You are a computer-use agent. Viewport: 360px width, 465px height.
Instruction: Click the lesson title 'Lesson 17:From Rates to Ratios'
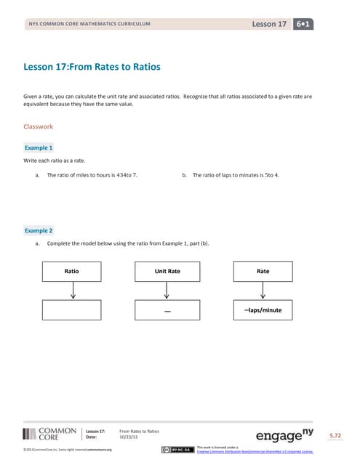click(92, 68)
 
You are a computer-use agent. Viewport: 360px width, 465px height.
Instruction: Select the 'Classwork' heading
click(39, 126)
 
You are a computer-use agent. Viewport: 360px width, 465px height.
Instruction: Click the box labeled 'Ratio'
click(72, 271)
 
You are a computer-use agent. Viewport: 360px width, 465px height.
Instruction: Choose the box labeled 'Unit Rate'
click(167, 271)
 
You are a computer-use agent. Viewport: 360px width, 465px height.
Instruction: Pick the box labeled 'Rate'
click(263, 271)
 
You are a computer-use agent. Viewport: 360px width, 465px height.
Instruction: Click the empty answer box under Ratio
click(72, 310)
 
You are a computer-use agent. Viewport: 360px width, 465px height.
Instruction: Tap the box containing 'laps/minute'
click(263, 310)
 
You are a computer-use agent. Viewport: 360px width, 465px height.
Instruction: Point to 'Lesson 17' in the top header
click(269, 24)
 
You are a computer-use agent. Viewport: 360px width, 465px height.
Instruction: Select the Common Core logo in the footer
click(50, 434)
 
